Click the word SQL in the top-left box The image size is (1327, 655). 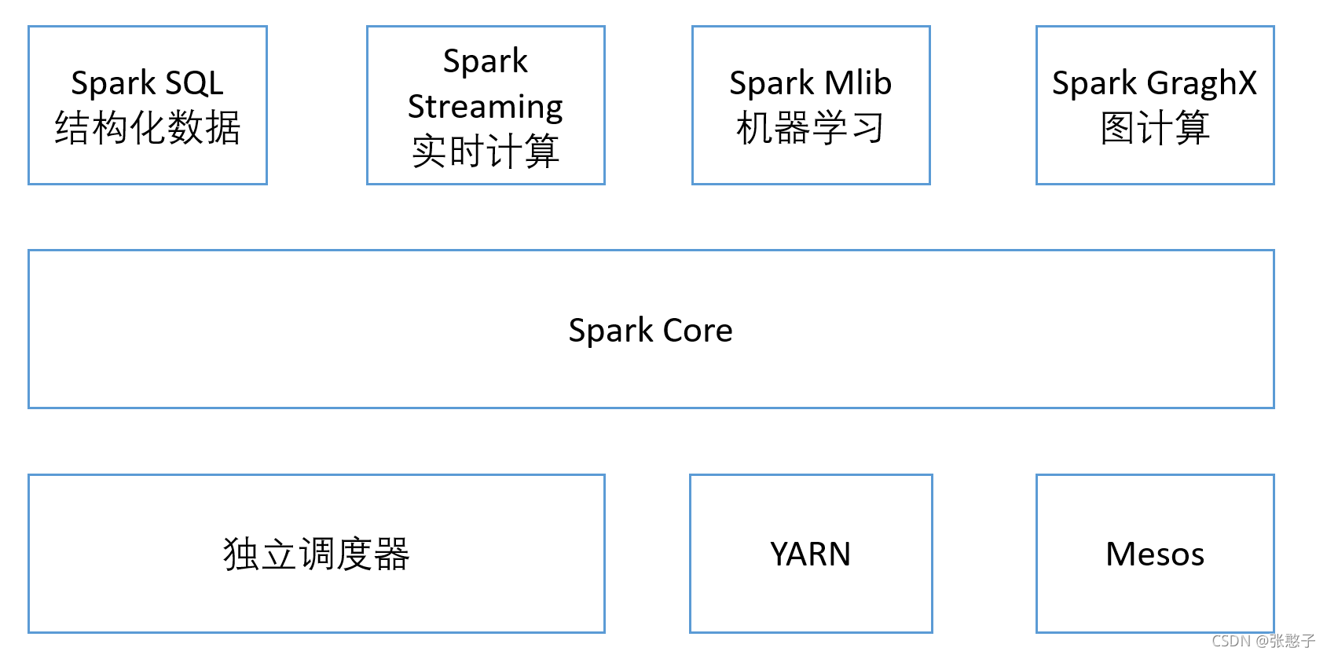point(194,83)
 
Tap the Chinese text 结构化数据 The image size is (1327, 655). point(148,128)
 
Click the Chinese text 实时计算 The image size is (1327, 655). point(486,151)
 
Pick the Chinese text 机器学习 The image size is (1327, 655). point(810,128)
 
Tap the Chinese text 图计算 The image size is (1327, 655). point(1155,128)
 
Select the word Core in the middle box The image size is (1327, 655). point(698,331)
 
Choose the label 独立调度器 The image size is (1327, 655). point(317,554)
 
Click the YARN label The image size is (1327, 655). point(810,554)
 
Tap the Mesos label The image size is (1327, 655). point(1155,554)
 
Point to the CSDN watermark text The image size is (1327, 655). point(1263,641)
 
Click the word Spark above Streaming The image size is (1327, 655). point(486,62)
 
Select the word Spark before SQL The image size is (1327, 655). point(112,84)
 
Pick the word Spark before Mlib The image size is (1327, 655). point(772,84)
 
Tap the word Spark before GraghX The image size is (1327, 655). point(1094,84)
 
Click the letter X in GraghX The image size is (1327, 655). point(1246,82)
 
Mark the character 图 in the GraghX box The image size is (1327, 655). point(1118,128)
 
